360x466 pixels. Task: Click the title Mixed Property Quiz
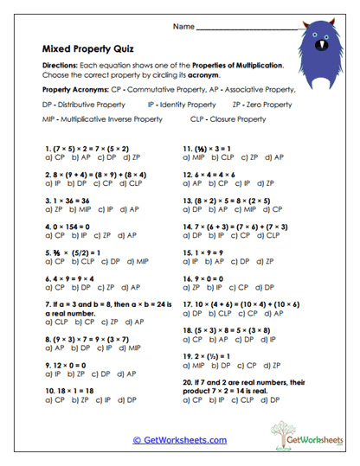pyautogui.click(x=87, y=50)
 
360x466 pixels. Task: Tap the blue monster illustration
pyautogui.click(x=326, y=41)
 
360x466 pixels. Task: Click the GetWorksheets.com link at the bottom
pyautogui.click(x=179, y=440)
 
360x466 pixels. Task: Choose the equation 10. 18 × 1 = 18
pyautogui.click(x=70, y=391)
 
